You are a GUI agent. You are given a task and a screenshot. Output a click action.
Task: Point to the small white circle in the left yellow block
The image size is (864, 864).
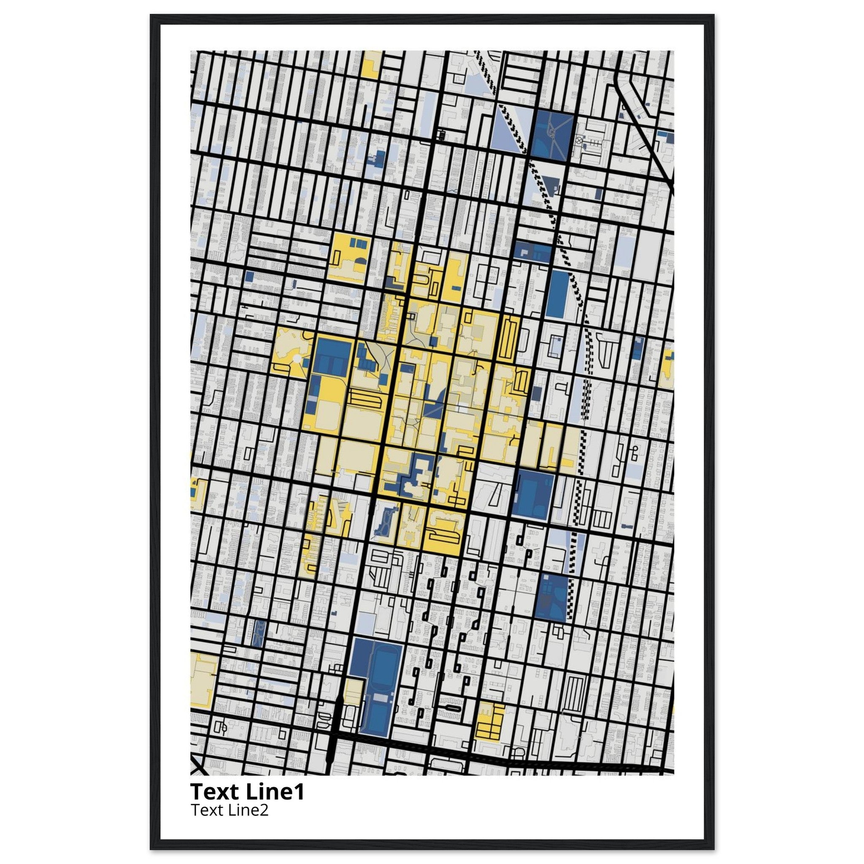(x=296, y=359)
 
